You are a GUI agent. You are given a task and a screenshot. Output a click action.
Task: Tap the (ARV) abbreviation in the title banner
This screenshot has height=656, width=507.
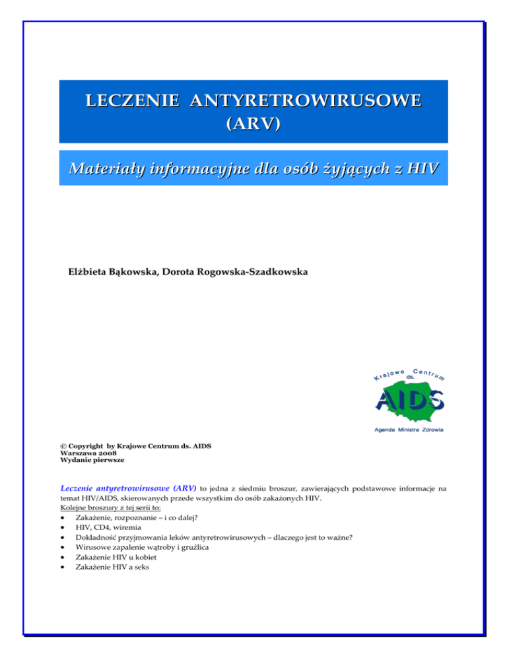point(253,125)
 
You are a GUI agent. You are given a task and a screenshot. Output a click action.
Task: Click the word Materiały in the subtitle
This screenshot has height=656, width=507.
point(112,171)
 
